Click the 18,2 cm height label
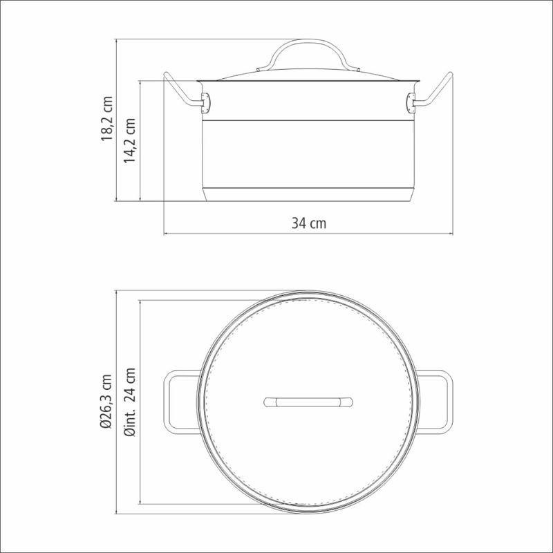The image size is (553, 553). (x=107, y=118)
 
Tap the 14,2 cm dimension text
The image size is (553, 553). (x=129, y=140)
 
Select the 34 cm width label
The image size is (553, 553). (x=309, y=223)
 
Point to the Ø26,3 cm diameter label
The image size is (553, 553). (x=106, y=402)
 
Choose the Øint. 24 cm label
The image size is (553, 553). (x=130, y=402)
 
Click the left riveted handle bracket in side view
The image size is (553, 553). (x=205, y=103)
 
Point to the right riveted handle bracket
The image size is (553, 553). (x=411, y=103)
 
